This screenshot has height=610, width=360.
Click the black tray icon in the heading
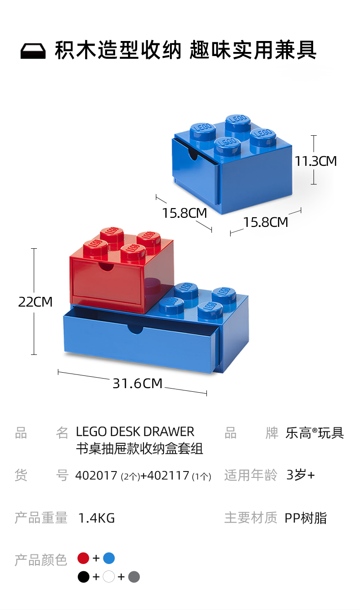click(x=33, y=51)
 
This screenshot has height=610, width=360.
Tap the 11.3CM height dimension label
click(x=315, y=161)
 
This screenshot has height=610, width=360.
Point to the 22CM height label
click(x=36, y=302)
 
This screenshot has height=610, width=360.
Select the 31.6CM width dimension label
click(x=137, y=383)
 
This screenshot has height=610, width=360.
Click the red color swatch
click(x=83, y=558)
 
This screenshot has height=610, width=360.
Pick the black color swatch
click(x=83, y=577)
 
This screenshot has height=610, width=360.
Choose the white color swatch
click(x=108, y=577)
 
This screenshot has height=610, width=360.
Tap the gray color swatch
click(x=134, y=577)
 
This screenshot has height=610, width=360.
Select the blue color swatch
click(x=109, y=558)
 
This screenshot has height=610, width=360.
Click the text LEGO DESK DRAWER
click(x=135, y=431)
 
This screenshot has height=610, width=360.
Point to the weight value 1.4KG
click(x=96, y=518)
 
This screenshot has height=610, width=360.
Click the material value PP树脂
click(x=305, y=518)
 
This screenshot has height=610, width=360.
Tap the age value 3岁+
click(x=300, y=475)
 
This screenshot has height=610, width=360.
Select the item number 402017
click(x=96, y=476)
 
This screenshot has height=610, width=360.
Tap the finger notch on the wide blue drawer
click(x=135, y=329)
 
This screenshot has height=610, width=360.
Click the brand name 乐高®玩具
click(x=314, y=432)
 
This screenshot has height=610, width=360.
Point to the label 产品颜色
click(x=41, y=559)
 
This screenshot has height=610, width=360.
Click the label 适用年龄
click(x=251, y=475)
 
